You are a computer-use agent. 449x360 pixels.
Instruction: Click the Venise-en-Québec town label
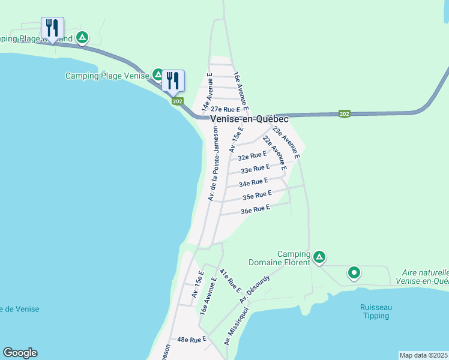coord(249,119)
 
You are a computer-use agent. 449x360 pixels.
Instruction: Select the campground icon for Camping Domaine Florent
coord(319,257)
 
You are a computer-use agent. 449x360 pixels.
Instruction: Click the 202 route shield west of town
coord(177,101)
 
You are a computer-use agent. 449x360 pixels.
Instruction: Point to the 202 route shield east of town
coord(344,114)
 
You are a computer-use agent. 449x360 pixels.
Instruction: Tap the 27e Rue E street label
coord(225,110)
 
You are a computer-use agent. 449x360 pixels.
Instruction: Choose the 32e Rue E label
coord(252,157)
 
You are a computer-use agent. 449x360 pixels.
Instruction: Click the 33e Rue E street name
coord(255,169)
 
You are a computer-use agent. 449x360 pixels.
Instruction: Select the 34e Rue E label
coord(253,182)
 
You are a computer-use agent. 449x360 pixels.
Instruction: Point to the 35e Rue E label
coord(258,195)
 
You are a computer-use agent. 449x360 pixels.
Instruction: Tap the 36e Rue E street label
coord(255,209)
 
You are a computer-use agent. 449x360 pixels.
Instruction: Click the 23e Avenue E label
coord(286,140)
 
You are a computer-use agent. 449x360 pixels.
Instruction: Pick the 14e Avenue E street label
coord(208,93)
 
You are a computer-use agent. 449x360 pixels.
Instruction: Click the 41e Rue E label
coord(229,281)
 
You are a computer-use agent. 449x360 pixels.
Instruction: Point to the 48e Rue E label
coord(191,340)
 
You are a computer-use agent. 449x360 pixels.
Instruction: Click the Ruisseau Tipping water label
coord(376,311)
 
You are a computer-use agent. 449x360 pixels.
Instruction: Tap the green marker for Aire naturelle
coord(354,274)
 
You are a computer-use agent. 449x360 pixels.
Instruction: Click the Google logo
coord(20,353)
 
